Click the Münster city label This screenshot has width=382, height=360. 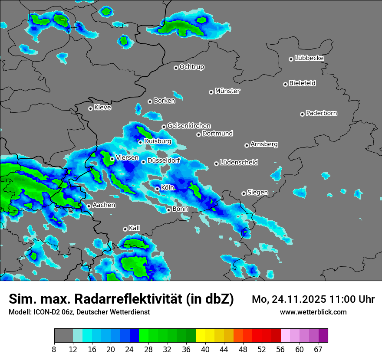[227, 91]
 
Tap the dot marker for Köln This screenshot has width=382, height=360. [158, 189]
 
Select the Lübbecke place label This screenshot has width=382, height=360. [309, 58]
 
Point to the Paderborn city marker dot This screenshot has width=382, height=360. [303, 114]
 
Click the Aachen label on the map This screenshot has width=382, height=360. [104, 205]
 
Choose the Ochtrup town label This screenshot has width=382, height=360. [191, 67]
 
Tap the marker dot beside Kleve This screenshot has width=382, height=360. [91, 108]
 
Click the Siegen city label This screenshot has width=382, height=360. [257, 193]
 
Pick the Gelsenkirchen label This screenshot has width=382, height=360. [189, 126]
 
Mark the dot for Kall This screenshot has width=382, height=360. [125, 229]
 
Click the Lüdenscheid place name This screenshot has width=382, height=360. [239, 163]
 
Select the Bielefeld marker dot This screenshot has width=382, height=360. [286, 84]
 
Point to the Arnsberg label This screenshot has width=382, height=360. [264, 144]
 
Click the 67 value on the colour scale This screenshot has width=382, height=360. [318, 349]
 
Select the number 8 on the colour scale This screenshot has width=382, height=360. [54, 349]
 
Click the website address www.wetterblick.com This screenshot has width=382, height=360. [313, 312]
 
